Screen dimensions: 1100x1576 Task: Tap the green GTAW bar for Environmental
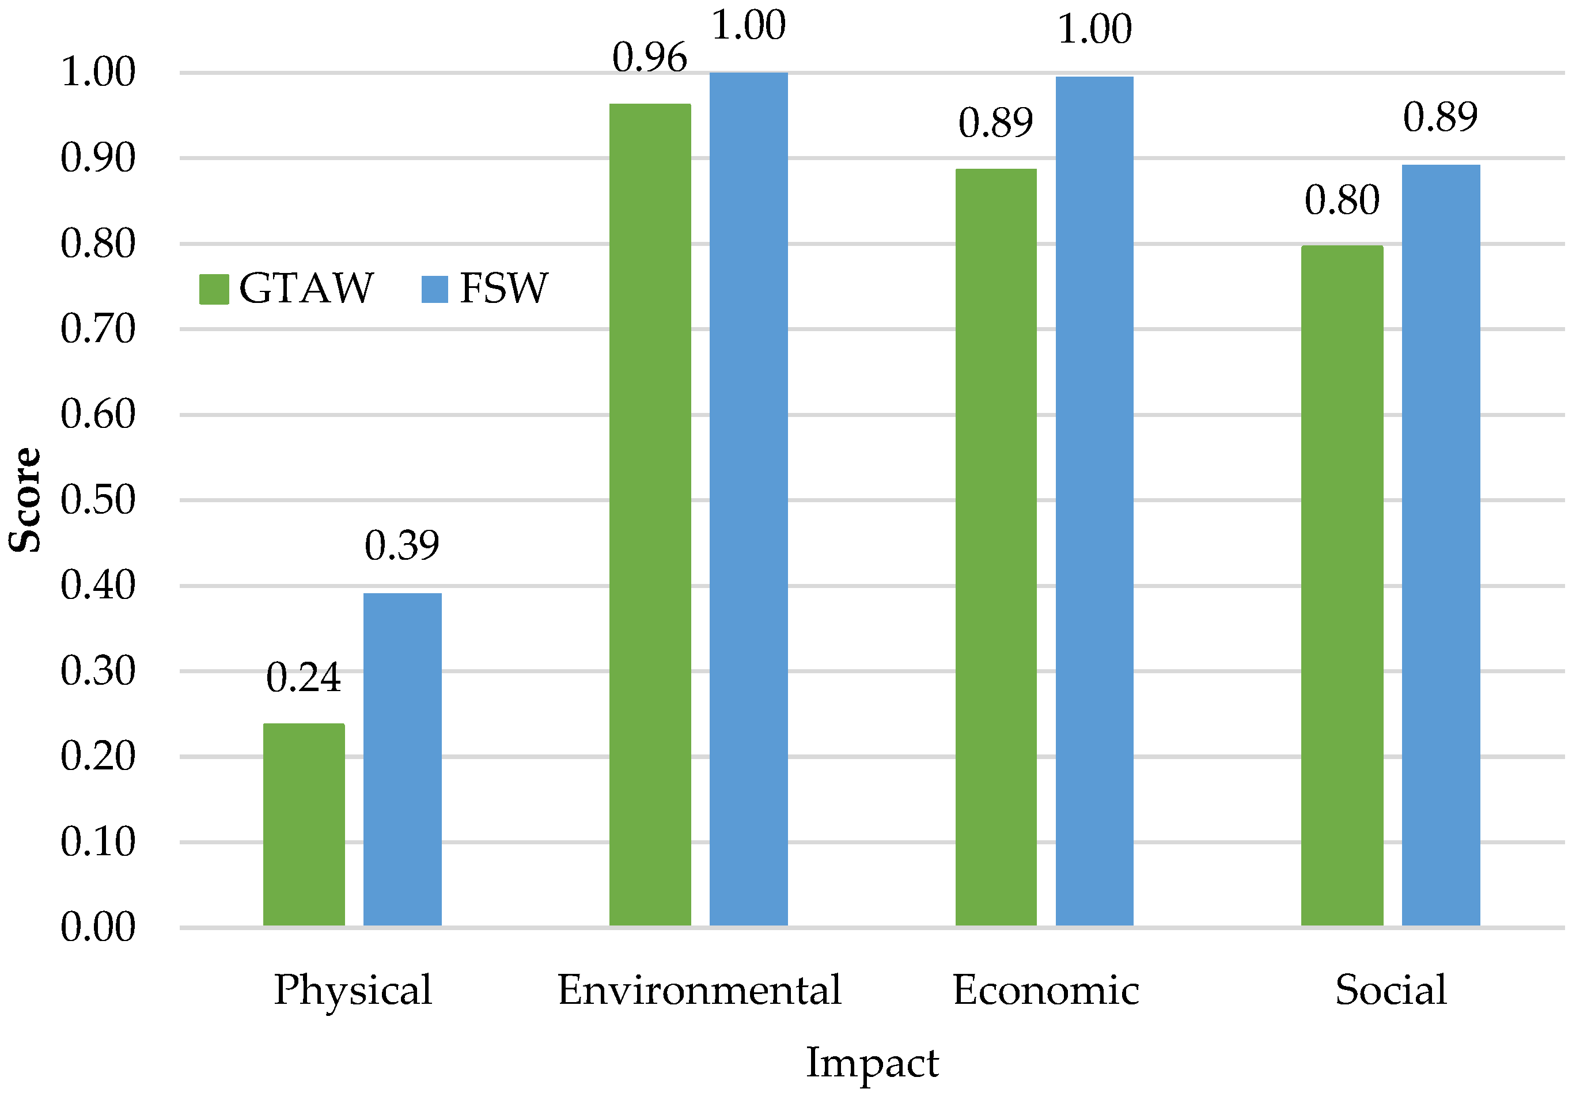pyautogui.click(x=650, y=515)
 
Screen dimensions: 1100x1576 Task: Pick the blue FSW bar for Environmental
pyautogui.click(x=748, y=499)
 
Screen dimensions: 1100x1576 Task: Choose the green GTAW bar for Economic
pyautogui.click(x=996, y=547)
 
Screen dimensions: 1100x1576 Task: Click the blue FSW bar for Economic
pyautogui.click(x=1094, y=501)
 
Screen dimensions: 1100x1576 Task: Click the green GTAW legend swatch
pyautogui.click(x=214, y=289)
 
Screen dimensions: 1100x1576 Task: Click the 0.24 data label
pyautogui.click(x=304, y=678)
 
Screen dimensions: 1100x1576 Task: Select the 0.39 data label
pyautogui.click(x=401, y=545)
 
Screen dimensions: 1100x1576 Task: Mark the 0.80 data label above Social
pyautogui.click(x=1342, y=200)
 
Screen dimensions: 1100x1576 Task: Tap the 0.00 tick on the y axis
pyautogui.click(x=98, y=927)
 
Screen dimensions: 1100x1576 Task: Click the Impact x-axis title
pyautogui.click(x=872, y=1063)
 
